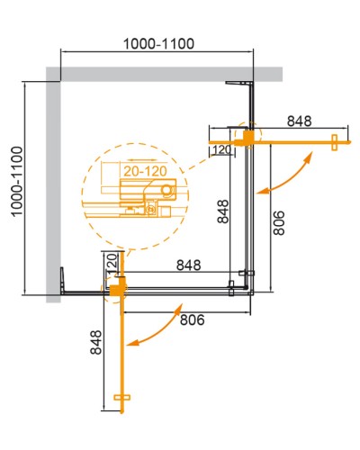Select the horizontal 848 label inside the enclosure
click(188, 265)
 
